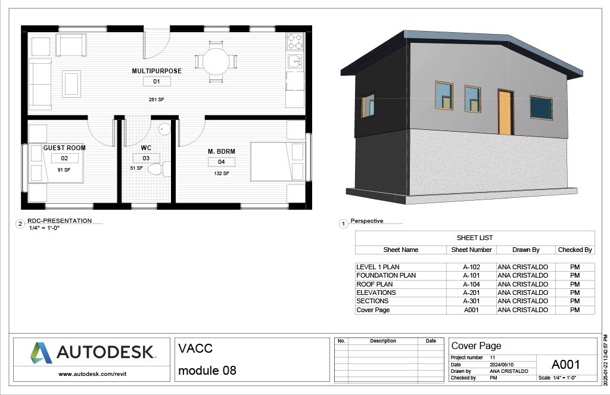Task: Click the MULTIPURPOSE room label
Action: (157, 71)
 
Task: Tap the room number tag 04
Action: (222, 162)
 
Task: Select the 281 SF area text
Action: (157, 99)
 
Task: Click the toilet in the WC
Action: (157, 169)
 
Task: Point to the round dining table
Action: (216, 61)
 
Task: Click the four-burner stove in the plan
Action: (295, 42)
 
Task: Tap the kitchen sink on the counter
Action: (295, 61)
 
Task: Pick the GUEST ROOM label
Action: (64, 148)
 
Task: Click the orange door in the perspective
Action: (505, 112)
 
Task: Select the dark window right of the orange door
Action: (541, 107)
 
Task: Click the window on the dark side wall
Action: (368, 104)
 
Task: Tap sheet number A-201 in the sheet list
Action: (472, 293)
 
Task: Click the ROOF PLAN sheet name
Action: (375, 284)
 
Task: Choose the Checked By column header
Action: (575, 250)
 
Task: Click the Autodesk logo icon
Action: (41, 353)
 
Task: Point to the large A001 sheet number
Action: (566, 365)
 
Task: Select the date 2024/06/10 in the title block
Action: (502, 365)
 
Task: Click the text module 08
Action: (207, 371)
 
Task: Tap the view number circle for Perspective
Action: (343, 224)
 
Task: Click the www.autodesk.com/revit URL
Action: (92, 374)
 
